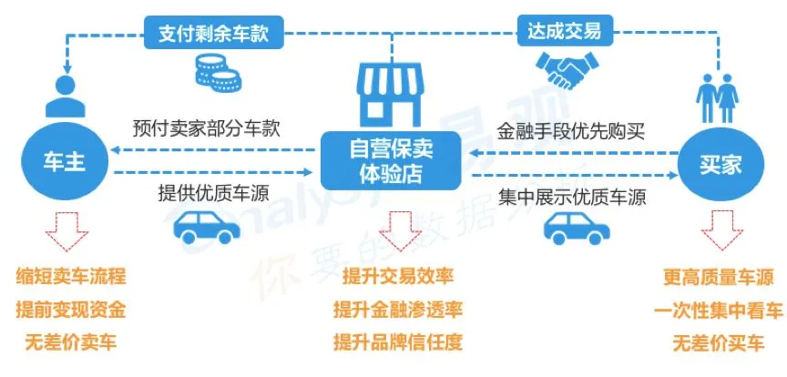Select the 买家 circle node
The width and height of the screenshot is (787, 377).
[721, 165]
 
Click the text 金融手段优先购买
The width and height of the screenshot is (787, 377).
[571, 129]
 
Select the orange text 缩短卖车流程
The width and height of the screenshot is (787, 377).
[71, 276]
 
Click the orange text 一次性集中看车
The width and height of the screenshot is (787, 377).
[718, 310]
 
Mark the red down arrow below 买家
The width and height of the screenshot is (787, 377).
[720, 229]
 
